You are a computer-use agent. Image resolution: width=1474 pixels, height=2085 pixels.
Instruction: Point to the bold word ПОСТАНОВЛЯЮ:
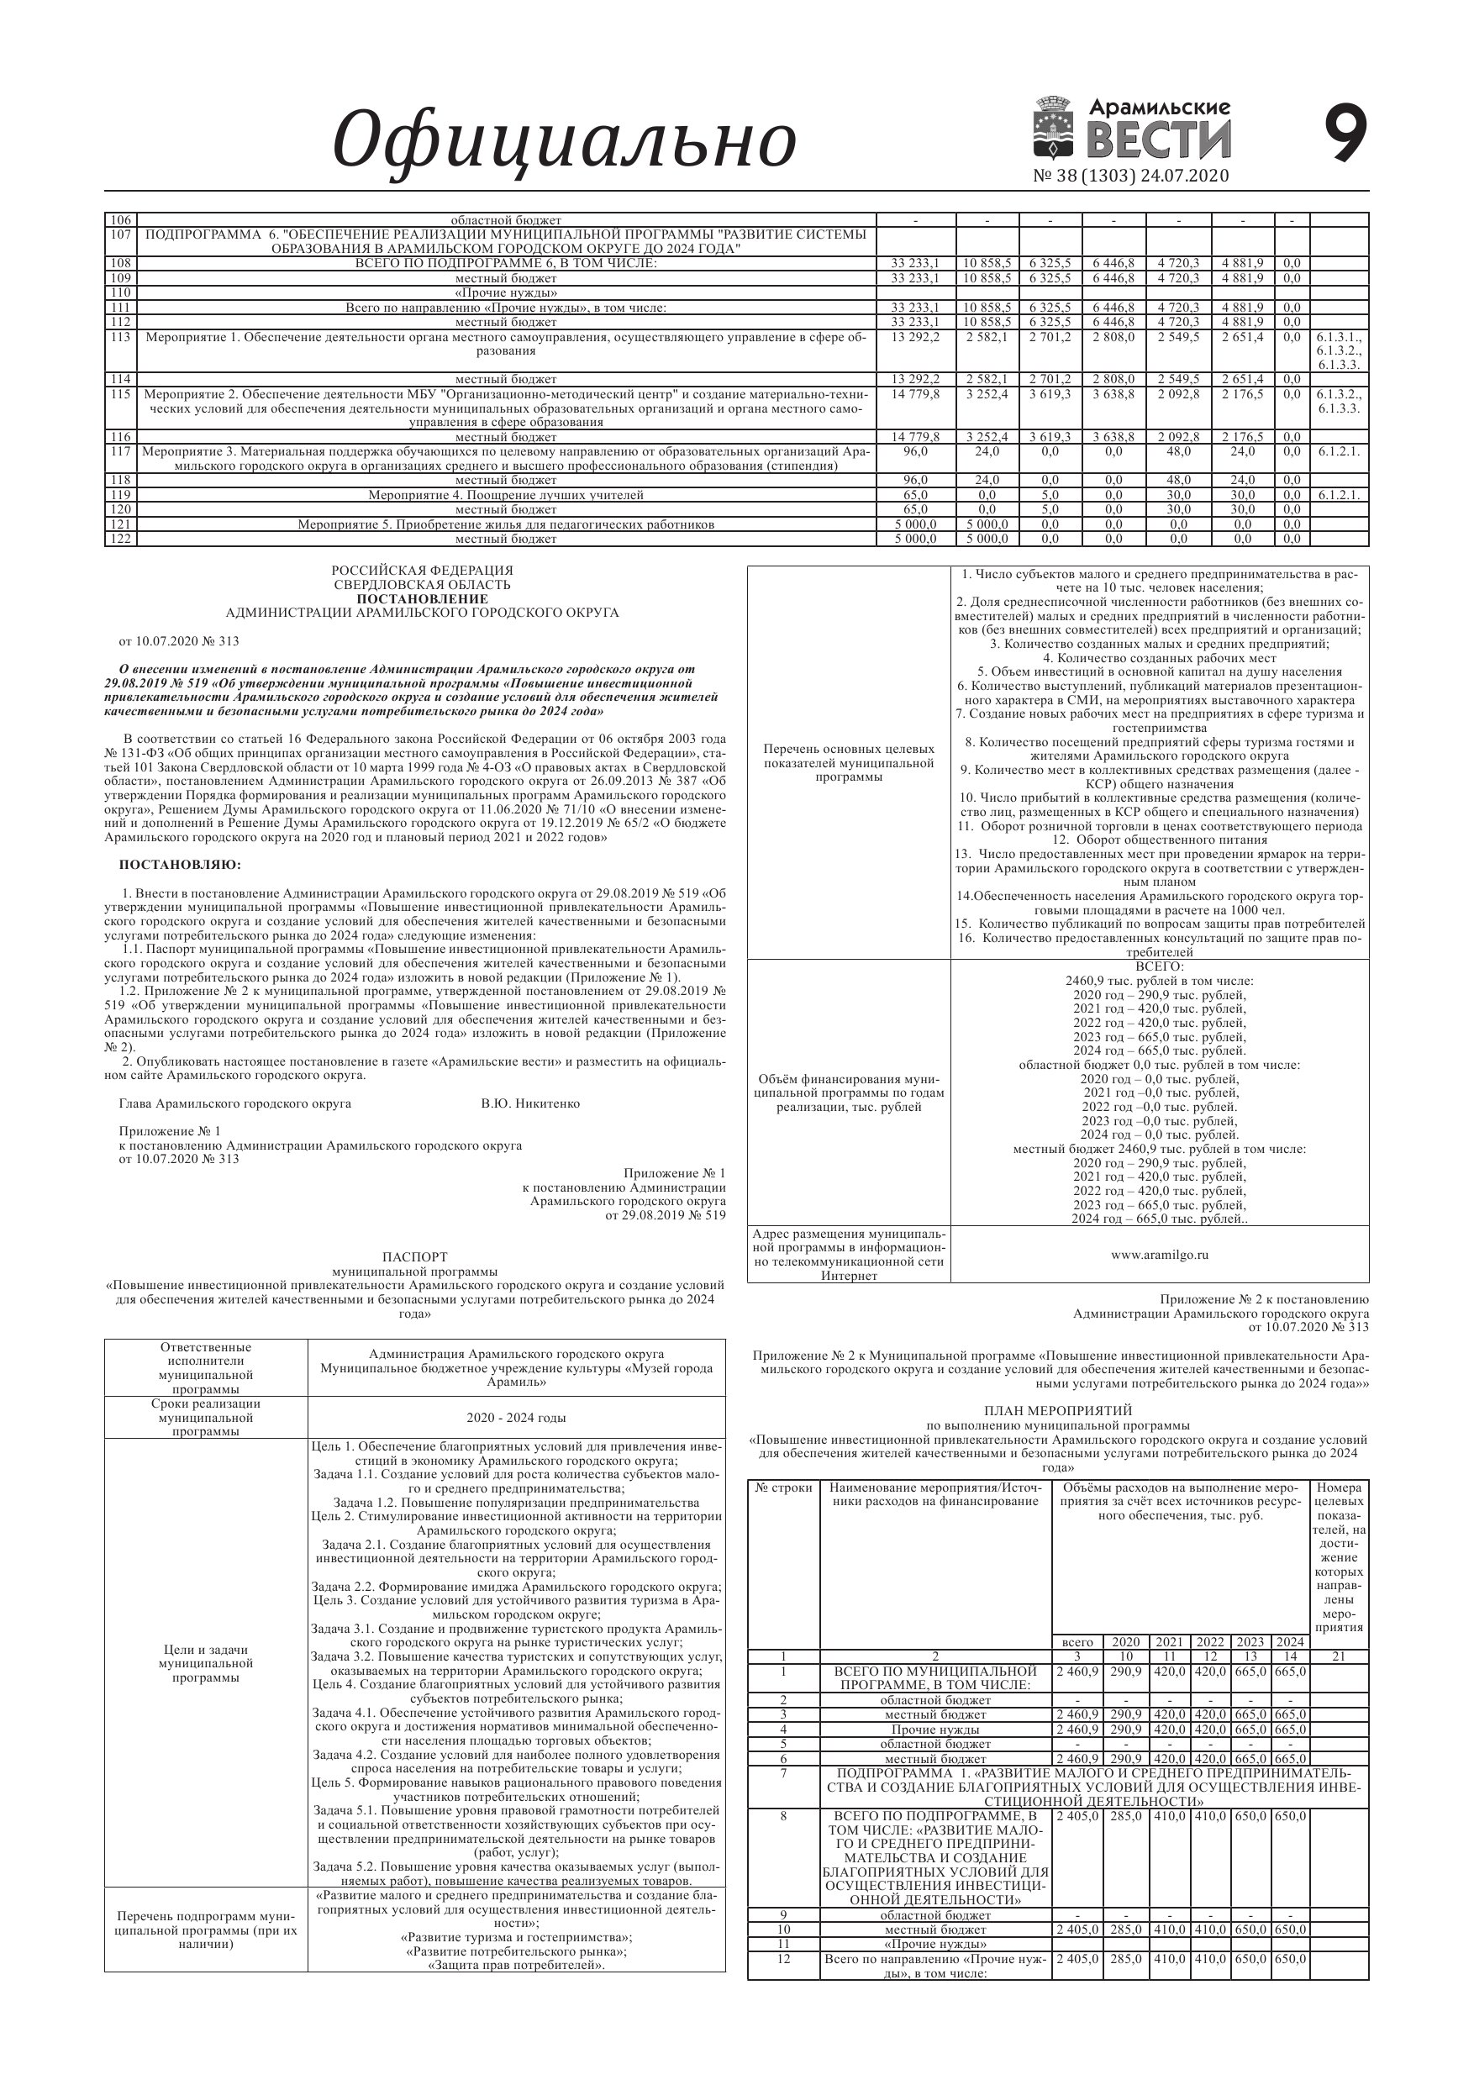coord(181,864)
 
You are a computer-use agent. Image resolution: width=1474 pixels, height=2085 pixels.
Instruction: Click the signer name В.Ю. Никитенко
coord(530,1103)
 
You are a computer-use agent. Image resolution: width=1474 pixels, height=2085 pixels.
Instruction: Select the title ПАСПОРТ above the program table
coord(414,1257)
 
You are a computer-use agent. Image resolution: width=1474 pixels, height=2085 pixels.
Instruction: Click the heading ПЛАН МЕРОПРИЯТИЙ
coord(1058,1410)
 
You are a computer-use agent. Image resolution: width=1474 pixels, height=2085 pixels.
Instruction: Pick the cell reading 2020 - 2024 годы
coord(516,1418)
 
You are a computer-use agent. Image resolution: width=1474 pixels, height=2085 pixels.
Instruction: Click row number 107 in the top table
coord(120,234)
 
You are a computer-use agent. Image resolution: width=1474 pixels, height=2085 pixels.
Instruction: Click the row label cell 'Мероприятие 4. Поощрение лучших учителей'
coord(506,495)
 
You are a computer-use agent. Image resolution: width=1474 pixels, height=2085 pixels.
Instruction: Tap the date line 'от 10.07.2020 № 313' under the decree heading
coord(179,641)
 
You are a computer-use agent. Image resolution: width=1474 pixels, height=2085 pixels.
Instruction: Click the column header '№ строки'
coord(783,1487)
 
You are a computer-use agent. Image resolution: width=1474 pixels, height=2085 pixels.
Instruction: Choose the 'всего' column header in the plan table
coord(1077,1642)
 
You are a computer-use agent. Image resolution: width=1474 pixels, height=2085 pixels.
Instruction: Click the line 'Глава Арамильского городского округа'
coord(235,1103)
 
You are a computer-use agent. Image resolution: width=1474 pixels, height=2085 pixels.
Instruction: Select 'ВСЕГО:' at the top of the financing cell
coord(1159,966)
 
